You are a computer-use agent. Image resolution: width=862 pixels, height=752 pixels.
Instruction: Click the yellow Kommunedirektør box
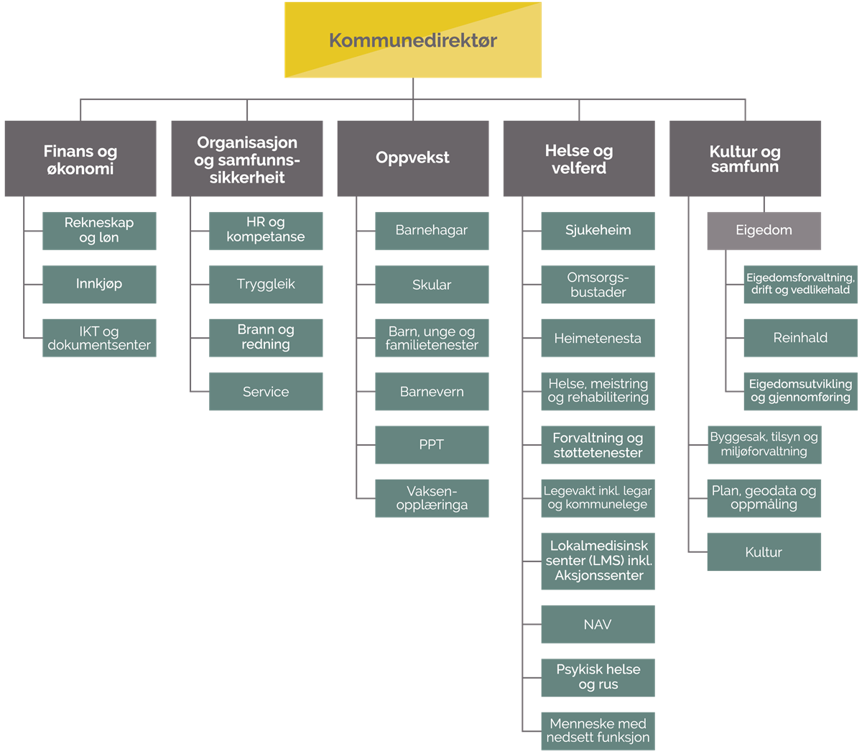tap(413, 40)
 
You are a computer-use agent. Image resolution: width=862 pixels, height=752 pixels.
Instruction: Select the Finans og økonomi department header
tap(80, 158)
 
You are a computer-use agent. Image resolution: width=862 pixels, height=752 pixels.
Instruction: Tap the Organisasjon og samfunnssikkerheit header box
tap(247, 158)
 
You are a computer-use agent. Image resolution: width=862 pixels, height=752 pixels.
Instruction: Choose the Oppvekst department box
tap(413, 158)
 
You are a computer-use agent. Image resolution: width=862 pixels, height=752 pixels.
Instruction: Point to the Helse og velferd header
tap(579, 158)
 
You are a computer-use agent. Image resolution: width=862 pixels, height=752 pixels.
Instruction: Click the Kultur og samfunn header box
tap(745, 158)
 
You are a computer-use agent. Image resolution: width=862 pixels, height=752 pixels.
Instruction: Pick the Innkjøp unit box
tap(99, 284)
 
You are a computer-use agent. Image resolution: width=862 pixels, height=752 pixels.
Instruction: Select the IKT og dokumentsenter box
tap(99, 338)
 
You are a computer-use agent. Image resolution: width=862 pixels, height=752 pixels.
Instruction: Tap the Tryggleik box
tap(266, 284)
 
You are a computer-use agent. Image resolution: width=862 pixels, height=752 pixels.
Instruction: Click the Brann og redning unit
tap(266, 338)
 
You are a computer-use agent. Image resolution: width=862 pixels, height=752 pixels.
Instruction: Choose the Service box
tap(266, 391)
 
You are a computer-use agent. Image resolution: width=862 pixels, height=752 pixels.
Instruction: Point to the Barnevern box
tap(432, 391)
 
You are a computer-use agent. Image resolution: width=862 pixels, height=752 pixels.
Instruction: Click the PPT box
tap(432, 445)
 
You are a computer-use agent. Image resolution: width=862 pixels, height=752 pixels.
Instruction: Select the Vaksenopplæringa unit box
tap(432, 498)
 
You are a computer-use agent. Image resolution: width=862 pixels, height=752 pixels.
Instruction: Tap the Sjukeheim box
tap(598, 231)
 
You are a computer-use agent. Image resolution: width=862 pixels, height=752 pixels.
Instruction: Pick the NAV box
tap(598, 624)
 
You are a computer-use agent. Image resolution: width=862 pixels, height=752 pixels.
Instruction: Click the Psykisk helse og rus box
tap(598, 678)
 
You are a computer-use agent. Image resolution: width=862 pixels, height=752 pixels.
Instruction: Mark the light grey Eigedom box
tap(764, 231)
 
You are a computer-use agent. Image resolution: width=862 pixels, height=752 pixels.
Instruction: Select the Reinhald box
tap(800, 338)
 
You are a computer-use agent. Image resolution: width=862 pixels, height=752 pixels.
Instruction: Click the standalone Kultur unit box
tap(764, 551)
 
